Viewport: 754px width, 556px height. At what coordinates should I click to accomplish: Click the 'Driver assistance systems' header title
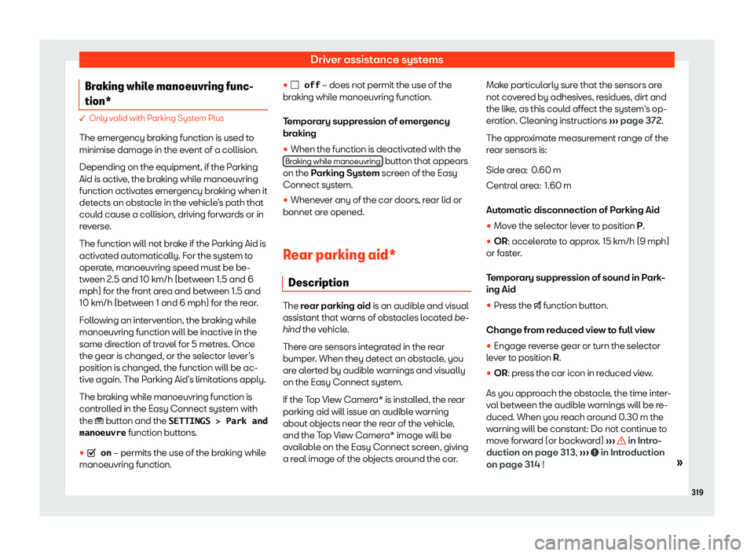coord(376,59)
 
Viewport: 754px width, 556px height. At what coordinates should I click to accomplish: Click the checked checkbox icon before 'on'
coord(92,453)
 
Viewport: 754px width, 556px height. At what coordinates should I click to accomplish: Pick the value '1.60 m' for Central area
coord(558,185)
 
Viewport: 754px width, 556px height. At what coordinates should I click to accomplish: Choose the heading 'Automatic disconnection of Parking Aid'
coord(575,210)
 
